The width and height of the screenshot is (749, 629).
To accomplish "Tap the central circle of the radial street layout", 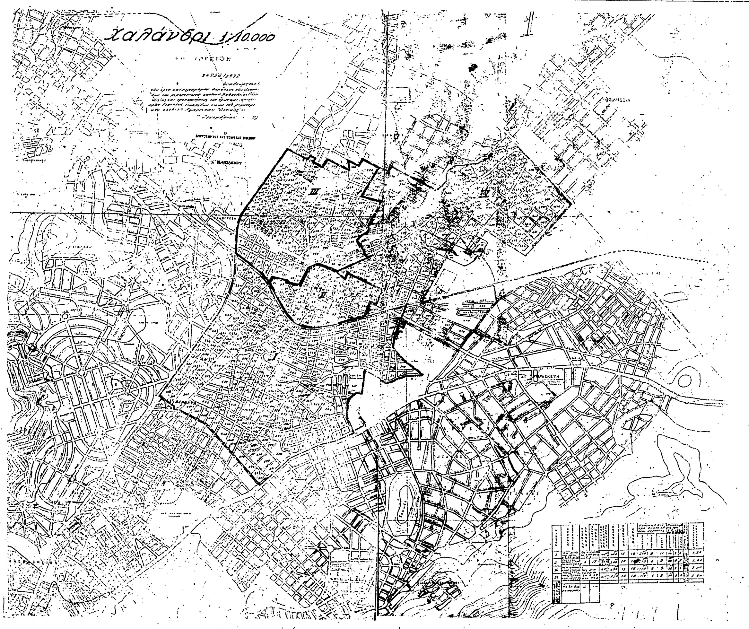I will click(82, 372).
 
